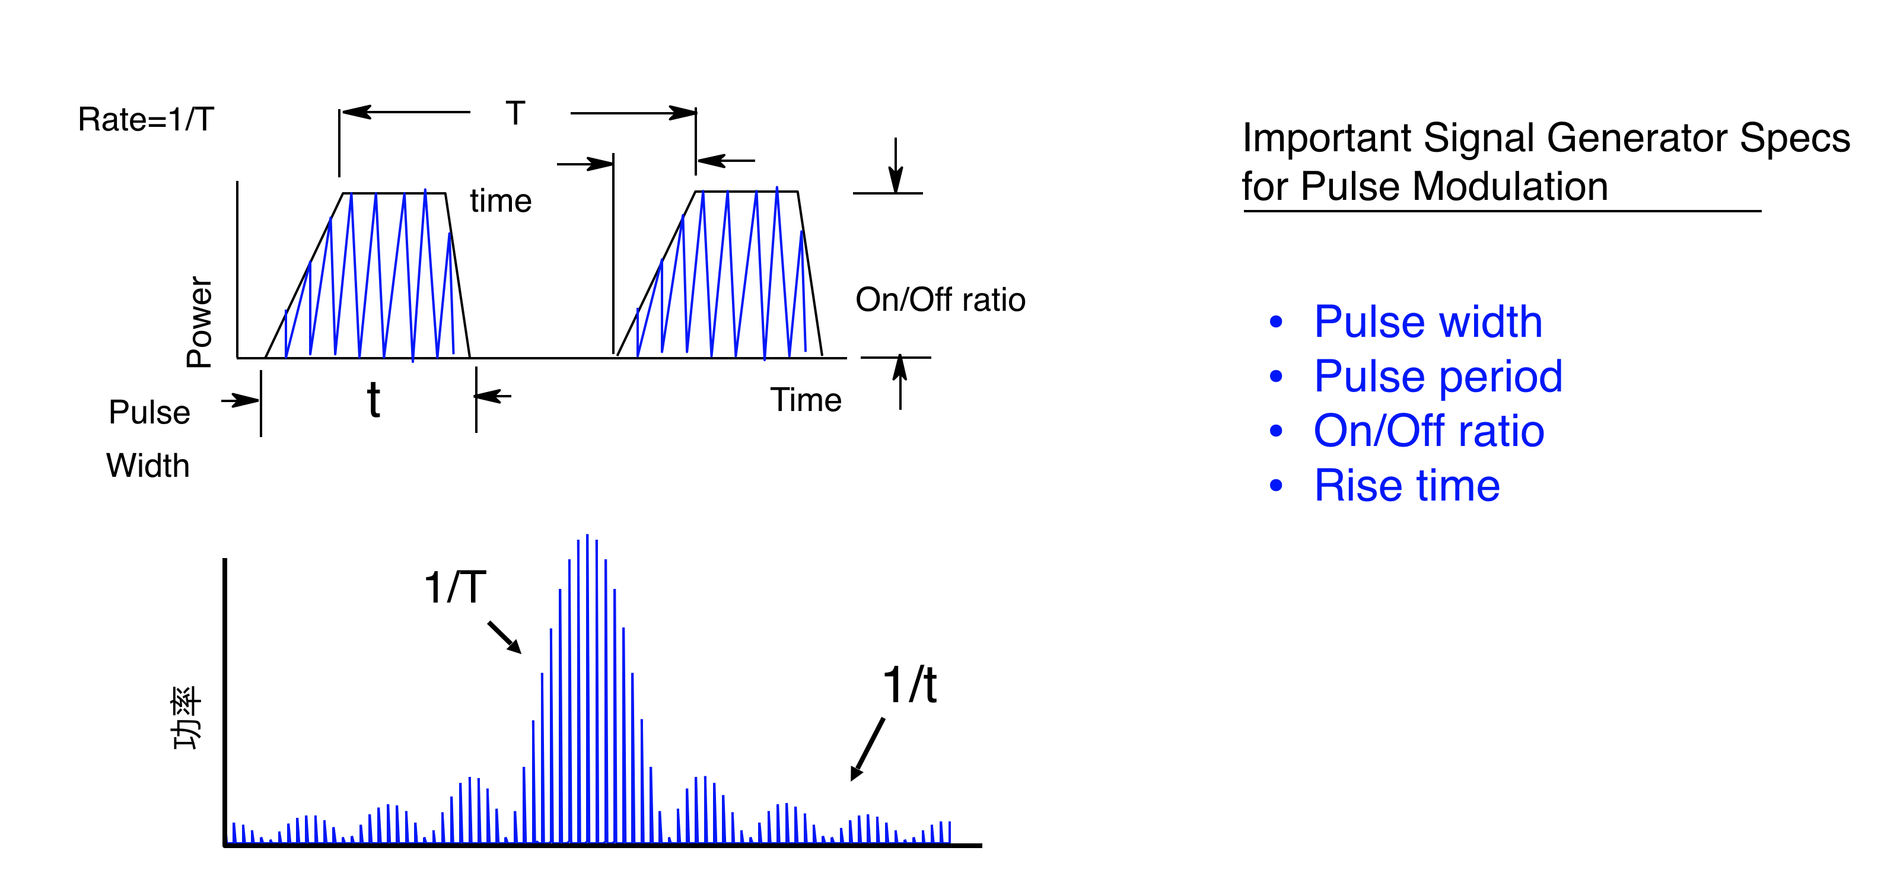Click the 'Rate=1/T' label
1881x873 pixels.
click(146, 119)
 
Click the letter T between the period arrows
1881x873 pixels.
click(515, 113)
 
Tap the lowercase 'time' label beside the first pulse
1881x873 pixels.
click(501, 200)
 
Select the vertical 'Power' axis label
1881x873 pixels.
click(199, 321)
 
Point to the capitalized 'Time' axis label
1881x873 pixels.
click(806, 400)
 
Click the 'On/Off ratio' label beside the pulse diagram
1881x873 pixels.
click(941, 300)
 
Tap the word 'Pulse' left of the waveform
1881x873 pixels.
click(149, 412)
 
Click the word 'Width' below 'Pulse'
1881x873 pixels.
click(148, 466)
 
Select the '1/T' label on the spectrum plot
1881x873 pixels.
click(455, 588)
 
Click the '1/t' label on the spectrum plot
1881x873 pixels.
click(910, 686)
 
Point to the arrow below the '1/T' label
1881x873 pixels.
click(505, 637)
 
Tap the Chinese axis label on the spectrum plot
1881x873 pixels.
click(186, 718)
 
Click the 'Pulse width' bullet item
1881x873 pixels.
click(1428, 322)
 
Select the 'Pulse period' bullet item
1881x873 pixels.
click(1438, 377)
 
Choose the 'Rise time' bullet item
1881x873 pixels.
click(1407, 485)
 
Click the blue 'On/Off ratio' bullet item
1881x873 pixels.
click(1429, 431)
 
